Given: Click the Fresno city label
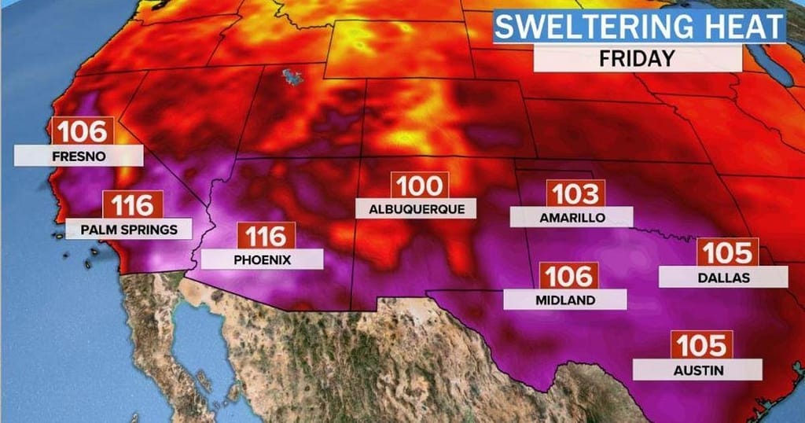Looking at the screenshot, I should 79,156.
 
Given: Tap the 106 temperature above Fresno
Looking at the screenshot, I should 83,131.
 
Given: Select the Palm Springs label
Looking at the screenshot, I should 128,230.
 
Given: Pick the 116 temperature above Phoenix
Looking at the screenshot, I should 266,235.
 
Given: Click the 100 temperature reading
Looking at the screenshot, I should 420,186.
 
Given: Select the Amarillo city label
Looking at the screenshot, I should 572,218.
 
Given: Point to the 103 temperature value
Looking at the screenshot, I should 576,193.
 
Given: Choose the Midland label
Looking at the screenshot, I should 565,300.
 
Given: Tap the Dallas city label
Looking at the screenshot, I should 723,278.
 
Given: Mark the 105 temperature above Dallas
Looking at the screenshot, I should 729,252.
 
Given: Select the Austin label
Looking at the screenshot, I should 697,370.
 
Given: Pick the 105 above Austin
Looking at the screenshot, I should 700,344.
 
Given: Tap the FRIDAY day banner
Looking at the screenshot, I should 637,58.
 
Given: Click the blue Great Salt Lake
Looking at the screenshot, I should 294,76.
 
